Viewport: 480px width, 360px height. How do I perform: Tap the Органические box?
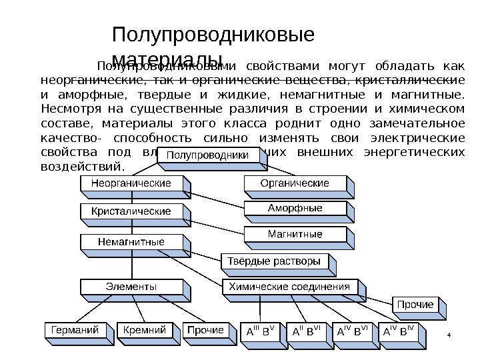point(295,183)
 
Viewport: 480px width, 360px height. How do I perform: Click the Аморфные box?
point(295,209)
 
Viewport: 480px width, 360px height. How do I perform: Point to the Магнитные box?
point(295,234)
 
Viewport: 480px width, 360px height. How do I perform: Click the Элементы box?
point(131,287)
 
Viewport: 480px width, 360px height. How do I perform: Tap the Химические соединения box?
point(289,287)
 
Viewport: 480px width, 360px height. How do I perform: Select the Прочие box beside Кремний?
point(205,330)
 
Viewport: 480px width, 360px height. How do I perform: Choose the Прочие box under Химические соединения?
point(415,305)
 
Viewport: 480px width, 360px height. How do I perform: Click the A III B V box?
point(261,331)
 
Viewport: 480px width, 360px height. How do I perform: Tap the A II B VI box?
point(307,331)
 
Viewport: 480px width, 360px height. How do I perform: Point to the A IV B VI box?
point(351,331)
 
